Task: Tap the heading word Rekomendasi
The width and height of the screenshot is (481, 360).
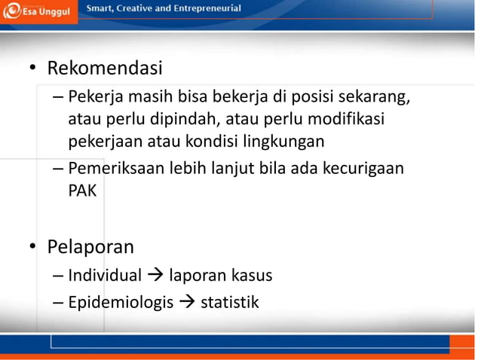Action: tap(105, 69)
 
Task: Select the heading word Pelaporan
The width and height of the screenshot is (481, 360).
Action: tap(90, 247)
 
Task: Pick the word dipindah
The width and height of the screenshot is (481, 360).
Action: tap(180, 119)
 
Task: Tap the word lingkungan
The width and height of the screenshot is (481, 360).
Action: tap(283, 140)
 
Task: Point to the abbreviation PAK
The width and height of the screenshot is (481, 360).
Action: tap(82, 190)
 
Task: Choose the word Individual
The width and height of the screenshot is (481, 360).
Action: tap(105, 276)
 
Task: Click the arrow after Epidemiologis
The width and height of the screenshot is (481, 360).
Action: tap(185, 304)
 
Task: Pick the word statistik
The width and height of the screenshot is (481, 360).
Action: tap(229, 303)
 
